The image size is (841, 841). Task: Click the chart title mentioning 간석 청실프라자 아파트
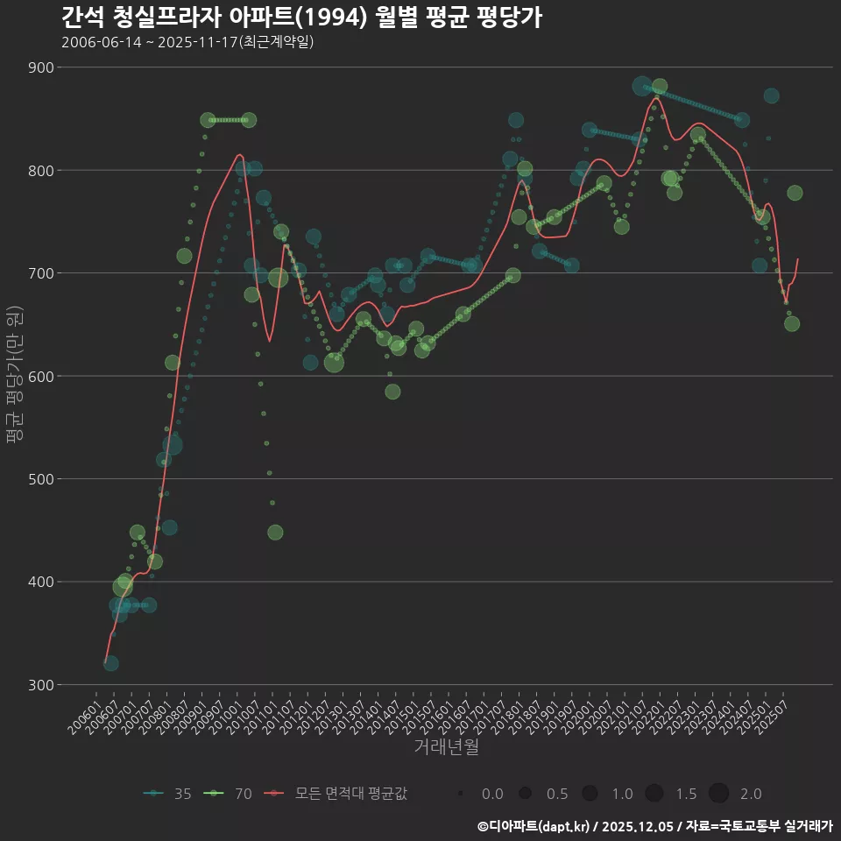pyautogui.click(x=301, y=18)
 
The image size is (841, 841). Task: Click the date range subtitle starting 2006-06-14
pyautogui.click(x=187, y=42)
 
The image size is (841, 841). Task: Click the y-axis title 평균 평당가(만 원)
pyautogui.click(x=13, y=376)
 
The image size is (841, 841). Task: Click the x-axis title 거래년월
pyautogui.click(x=446, y=747)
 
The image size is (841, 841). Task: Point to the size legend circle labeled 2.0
pyautogui.click(x=718, y=794)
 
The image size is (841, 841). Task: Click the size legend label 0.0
pyautogui.click(x=492, y=794)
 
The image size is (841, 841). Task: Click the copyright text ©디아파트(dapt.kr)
pyautogui.click(x=534, y=826)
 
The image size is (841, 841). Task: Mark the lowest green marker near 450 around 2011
pyautogui.click(x=275, y=533)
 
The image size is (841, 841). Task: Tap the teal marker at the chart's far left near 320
pyautogui.click(x=110, y=663)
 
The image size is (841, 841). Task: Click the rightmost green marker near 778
pyautogui.click(x=795, y=193)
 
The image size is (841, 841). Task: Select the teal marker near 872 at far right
pyautogui.click(x=771, y=96)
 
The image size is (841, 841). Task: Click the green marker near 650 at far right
pyautogui.click(x=792, y=323)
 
